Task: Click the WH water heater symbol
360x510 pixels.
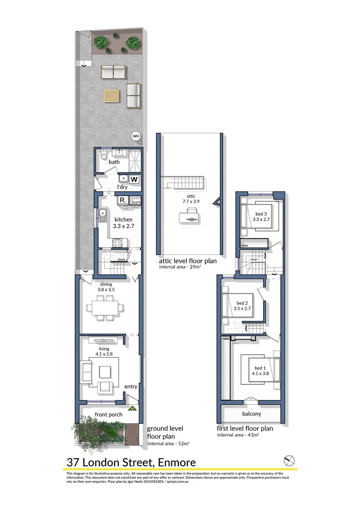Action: click(136, 136)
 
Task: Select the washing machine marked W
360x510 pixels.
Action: click(134, 179)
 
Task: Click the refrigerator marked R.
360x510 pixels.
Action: click(123, 201)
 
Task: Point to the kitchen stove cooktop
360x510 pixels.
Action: click(118, 243)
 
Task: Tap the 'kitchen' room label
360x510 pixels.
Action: click(123, 220)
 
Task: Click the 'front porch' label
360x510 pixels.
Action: click(109, 415)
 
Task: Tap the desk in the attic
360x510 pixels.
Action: click(190, 217)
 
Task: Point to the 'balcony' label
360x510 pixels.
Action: click(251, 414)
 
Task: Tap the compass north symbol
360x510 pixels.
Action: click(289, 460)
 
